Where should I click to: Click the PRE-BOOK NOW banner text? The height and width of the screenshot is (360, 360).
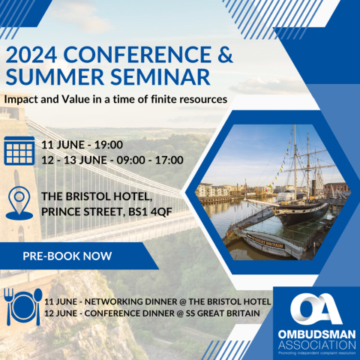[67, 256]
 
